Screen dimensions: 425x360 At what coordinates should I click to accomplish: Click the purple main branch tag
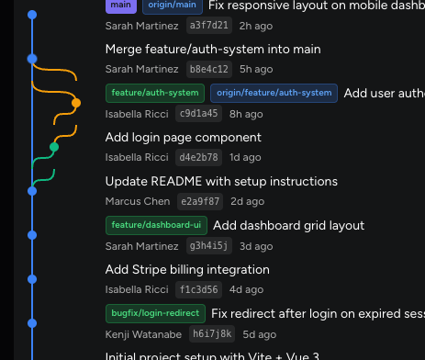click(120, 6)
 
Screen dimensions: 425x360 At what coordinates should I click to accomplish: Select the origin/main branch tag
click(171, 6)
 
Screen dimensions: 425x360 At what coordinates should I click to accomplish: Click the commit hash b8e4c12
click(207, 69)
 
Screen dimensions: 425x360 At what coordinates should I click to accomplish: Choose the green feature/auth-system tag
click(155, 93)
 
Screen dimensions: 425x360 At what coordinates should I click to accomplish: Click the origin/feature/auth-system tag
click(274, 93)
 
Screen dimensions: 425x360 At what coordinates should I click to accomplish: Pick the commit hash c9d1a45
click(200, 113)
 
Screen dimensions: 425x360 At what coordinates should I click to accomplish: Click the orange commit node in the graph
click(76, 103)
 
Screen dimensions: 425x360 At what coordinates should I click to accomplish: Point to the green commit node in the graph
click(54, 147)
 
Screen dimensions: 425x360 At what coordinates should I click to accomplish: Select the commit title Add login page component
click(184, 137)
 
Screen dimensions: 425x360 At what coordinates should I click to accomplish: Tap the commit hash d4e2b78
click(200, 157)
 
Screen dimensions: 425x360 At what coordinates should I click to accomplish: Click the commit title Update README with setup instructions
click(208, 182)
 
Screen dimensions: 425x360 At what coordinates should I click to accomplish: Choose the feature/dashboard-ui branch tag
click(155, 225)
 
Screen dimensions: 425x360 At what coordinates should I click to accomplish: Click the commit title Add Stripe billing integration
click(187, 269)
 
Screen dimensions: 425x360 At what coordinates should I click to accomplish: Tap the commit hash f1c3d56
click(198, 289)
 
